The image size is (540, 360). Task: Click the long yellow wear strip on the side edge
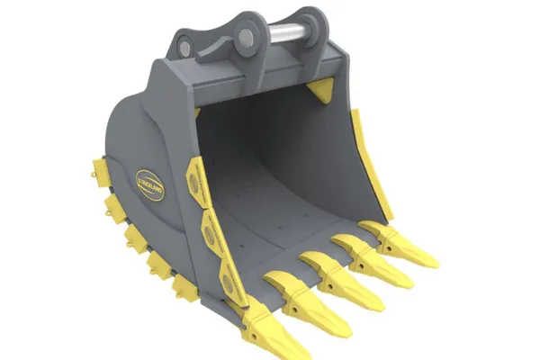tap(370, 166)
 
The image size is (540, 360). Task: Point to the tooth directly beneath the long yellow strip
tap(402, 246)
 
